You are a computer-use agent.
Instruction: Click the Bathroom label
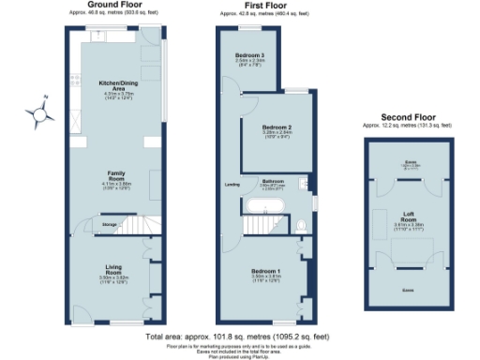coord(273,180)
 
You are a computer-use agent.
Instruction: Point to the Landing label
coord(232,183)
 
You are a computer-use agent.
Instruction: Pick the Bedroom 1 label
coord(266,271)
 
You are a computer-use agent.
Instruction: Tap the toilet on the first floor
coord(301,225)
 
